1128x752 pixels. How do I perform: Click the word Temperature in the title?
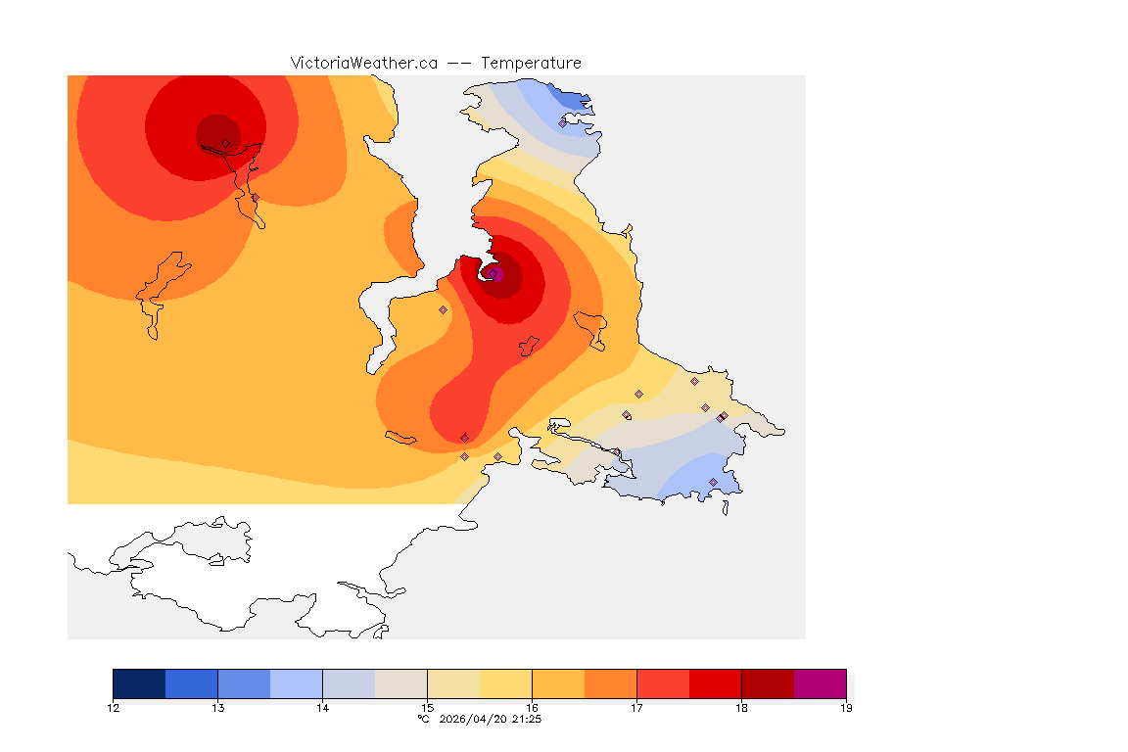pyautogui.click(x=531, y=63)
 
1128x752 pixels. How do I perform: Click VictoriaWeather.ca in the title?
pyautogui.click(x=363, y=63)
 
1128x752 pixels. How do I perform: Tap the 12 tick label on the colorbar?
pyautogui.click(x=114, y=708)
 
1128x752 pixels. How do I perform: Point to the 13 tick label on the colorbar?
pyautogui.click(x=217, y=708)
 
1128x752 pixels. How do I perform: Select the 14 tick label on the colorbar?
pyautogui.click(x=322, y=708)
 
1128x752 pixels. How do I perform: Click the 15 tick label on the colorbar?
pyautogui.click(x=427, y=708)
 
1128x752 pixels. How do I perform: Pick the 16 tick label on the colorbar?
pyautogui.click(x=532, y=708)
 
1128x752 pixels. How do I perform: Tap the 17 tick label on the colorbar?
pyautogui.click(x=636, y=708)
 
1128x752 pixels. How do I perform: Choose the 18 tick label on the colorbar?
pyautogui.click(x=741, y=708)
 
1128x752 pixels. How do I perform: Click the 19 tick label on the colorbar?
pyautogui.click(x=845, y=708)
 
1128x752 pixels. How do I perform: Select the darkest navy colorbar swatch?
pyautogui.click(x=139, y=683)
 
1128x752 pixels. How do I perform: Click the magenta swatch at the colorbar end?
pyautogui.click(x=820, y=683)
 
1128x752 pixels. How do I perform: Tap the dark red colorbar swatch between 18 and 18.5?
pyautogui.click(x=768, y=683)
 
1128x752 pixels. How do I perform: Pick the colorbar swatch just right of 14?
pyautogui.click(x=349, y=683)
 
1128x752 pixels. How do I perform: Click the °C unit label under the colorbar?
pyautogui.click(x=423, y=719)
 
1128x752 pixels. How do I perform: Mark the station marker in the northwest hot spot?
pyautogui.click(x=225, y=143)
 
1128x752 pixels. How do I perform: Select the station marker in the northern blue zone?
pyautogui.click(x=562, y=123)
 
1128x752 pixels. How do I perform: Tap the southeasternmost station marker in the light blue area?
pyautogui.click(x=713, y=482)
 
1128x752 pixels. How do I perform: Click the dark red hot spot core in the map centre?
pyautogui.click(x=499, y=275)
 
